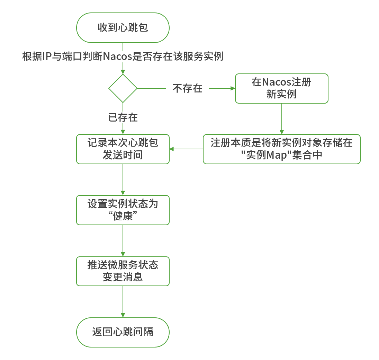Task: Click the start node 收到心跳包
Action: tap(123, 28)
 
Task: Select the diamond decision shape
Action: tap(123, 88)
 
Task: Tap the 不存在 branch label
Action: tap(187, 88)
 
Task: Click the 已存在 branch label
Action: tap(123, 117)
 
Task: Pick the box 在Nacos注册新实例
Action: tap(281, 88)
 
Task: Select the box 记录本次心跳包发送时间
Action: tap(123, 149)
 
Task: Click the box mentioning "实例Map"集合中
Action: tap(281, 149)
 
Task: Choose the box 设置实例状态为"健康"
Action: tap(123, 210)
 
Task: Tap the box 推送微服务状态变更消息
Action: tap(123, 271)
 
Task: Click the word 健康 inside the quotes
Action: tap(123, 216)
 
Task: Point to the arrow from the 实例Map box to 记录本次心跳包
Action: tap(186, 149)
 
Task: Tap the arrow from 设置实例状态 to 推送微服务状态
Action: tap(123, 240)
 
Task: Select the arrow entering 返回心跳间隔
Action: tap(123, 302)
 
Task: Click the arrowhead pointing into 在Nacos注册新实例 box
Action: tap(233, 88)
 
